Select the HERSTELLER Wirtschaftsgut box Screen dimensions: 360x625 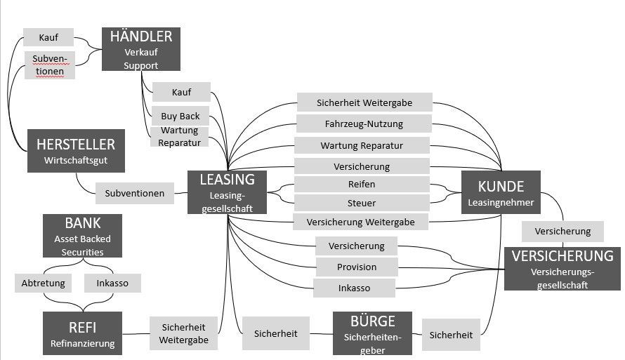coord(76,151)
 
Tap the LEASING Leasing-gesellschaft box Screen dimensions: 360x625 coord(227,192)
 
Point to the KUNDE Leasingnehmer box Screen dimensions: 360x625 coord(501,193)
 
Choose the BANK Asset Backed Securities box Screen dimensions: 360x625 coord(82,236)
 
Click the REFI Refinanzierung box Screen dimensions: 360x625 coord(82,333)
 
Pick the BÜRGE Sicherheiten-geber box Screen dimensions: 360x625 coord(372,333)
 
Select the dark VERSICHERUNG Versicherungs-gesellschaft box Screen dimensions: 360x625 coord(562,269)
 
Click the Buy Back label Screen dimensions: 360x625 coord(180,116)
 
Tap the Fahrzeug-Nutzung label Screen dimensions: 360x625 coord(364,124)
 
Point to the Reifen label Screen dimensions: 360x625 coord(362,184)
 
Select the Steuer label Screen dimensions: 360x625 coord(362,203)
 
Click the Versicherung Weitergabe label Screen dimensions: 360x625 coord(360,222)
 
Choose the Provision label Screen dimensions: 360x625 coord(357,267)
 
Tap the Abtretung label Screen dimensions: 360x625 coord(44,283)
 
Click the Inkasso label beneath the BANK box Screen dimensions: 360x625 coord(112,283)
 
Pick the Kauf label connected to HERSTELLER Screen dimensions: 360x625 coord(48,37)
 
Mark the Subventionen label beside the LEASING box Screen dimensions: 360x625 coord(135,193)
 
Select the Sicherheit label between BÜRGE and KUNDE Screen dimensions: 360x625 coord(451,335)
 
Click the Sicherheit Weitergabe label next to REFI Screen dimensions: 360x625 coord(183,333)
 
